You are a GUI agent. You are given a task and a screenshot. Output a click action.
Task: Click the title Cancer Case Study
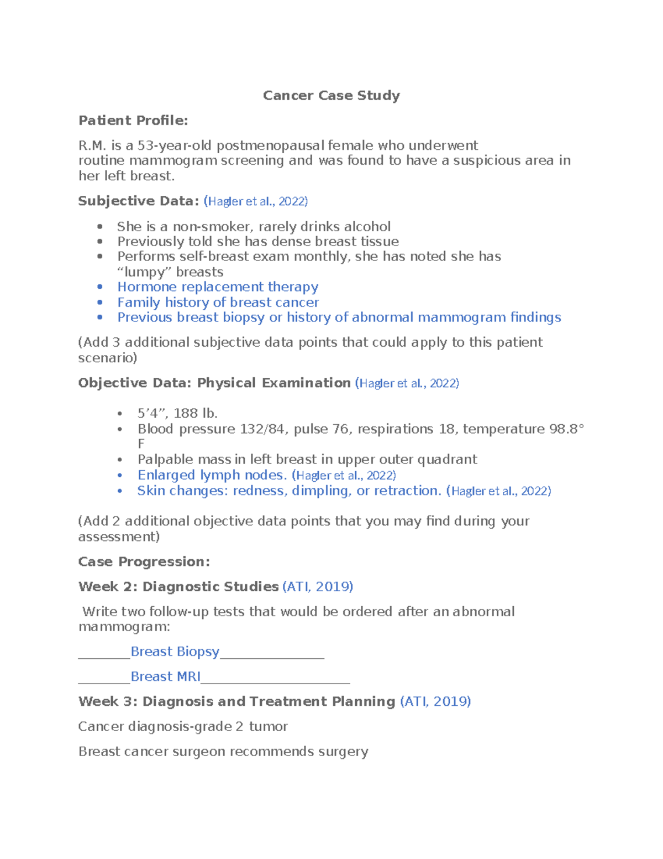(331, 96)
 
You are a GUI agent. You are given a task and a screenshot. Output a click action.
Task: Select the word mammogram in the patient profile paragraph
(173, 160)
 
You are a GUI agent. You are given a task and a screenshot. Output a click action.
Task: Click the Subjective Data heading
(138, 201)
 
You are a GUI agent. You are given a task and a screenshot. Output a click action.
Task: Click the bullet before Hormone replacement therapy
(100, 287)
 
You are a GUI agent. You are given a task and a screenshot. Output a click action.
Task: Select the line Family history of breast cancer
(218, 303)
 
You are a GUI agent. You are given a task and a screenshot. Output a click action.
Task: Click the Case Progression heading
(144, 562)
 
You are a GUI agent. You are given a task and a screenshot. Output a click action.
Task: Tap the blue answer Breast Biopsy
(175, 652)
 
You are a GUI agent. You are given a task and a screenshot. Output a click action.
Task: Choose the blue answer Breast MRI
(165, 676)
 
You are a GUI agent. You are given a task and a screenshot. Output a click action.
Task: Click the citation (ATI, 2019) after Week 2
(318, 587)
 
